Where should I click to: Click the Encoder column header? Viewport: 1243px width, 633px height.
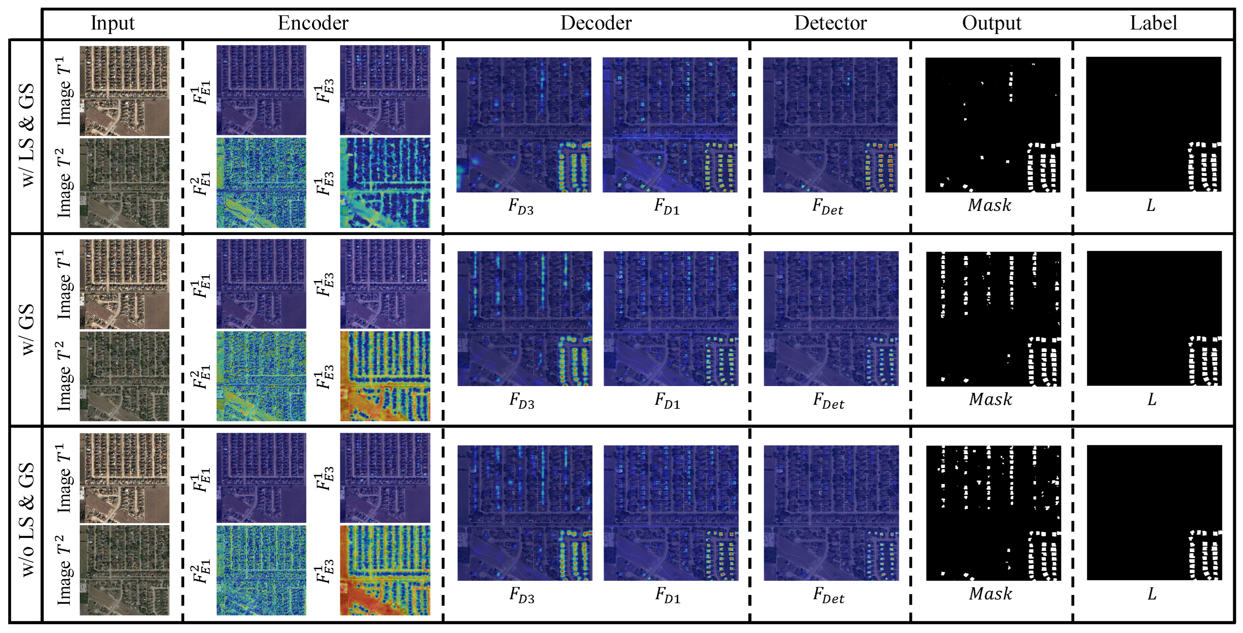[x=313, y=23]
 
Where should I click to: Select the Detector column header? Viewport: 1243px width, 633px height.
[x=830, y=23]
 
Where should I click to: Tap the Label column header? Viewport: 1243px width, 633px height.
[x=1153, y=23]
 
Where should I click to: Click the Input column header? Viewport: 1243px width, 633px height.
[x=112, y=23]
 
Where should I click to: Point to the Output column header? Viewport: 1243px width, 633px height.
[x=992, y=23]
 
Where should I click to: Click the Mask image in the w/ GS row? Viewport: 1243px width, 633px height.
[x=993, y=318]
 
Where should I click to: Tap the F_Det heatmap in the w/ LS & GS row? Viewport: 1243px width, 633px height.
[x=830, y=125]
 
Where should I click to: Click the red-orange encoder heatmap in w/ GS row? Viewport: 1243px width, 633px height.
[x=385, y=376]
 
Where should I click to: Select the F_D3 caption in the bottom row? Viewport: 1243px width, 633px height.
[x=522, y=594]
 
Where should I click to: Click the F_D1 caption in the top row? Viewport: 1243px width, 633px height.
[x=666, y=207]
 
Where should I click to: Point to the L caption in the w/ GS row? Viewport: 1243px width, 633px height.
[x=1152, y=400]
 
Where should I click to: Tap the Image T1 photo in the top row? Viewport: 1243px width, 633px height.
[x=125, y=91]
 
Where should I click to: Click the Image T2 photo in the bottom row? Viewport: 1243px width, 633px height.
[x=125, y=570]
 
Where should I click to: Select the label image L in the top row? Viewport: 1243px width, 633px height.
[x=1153, y=125]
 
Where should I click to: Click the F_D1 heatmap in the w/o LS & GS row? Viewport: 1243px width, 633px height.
[x=671, y=512]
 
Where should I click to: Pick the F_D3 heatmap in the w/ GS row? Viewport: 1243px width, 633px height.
[x=524, y=318]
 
